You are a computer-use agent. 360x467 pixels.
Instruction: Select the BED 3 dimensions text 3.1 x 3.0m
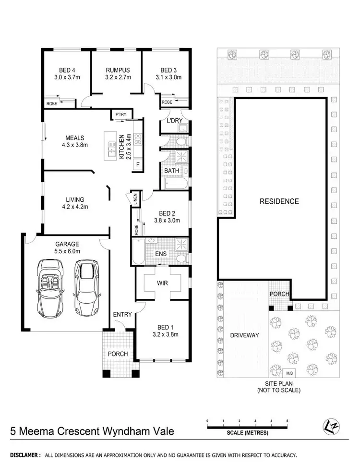tap(168, 77)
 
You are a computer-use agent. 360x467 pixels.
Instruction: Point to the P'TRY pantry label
tap(119, 114)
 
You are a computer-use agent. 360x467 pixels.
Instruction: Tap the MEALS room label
tap(76, 138)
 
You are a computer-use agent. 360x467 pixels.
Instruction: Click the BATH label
tap(171, 171)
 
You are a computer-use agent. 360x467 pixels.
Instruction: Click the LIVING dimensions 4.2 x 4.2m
tap(76, 207)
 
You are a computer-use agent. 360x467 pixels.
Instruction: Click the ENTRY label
tap(122, 314)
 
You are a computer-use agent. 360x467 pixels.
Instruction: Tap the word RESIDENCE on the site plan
tap(279, 201)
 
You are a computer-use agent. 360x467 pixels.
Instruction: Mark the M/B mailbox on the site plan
tap(289, 373)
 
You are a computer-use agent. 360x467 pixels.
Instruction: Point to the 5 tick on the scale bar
tap(287, 421)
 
